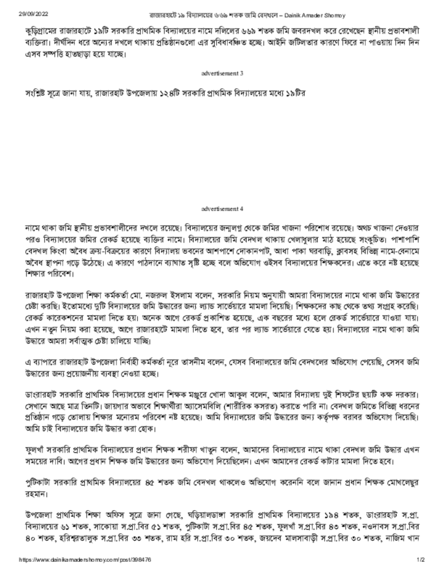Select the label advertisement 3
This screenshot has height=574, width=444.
(222, 73)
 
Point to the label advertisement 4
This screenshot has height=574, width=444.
(222, 209)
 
